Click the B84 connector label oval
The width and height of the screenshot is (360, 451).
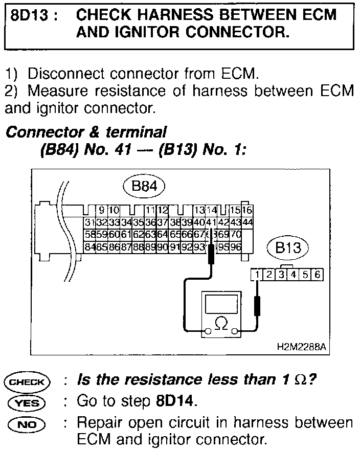144,187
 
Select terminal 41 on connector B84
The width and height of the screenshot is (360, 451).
210,222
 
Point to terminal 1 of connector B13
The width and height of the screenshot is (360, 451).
256,275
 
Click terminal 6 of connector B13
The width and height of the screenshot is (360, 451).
318,275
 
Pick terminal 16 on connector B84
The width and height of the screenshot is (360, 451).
247,210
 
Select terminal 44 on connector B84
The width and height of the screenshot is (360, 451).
247,222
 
